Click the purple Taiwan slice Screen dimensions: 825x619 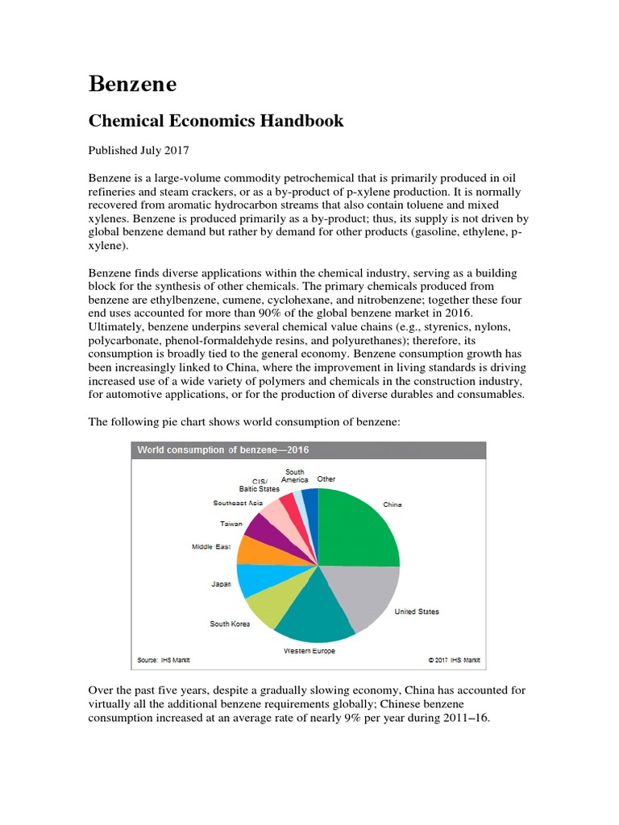[263, 528]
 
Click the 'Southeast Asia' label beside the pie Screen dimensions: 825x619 [238, 503]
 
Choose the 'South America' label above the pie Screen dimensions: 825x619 [294, 475]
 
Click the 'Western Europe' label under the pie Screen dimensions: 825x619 [309, 650]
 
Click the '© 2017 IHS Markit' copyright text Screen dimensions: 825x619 [454, 660]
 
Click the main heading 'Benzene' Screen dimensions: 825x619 [132, 84]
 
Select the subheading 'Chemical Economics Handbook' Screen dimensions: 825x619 [215, 121]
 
